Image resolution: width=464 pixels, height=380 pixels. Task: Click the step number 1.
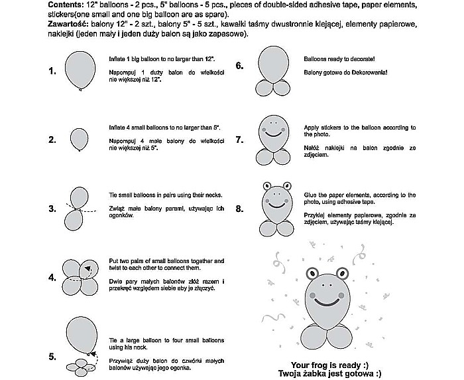[x=52, y=71]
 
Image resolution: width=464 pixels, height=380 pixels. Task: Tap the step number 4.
[x=52, y=278]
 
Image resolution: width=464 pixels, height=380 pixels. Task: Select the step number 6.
[x=239, y=66]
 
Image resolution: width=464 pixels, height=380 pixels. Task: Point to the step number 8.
[x=239, y=209]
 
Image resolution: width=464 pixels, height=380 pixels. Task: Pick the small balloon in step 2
[x=79, y=140]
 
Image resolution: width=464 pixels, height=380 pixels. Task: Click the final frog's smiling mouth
[x=327, y=301]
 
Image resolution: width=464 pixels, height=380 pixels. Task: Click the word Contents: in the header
[x=66, y=5]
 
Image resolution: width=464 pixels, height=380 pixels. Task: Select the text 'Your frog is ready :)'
[x=329, y=365]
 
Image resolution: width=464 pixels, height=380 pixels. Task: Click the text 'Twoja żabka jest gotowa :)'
[x=329, y=374]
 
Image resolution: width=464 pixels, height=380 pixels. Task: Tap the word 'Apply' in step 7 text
[x=312, y=127]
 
